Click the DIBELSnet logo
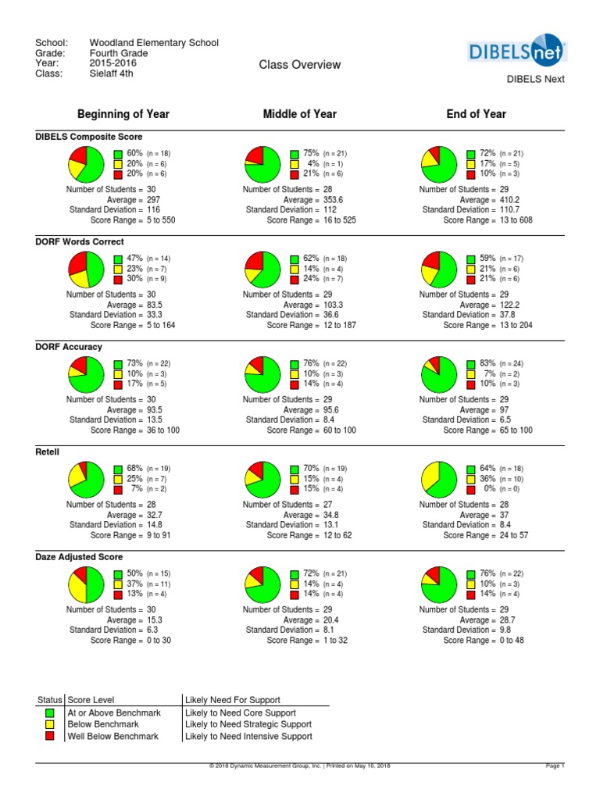pyautogui.click(x=516, y=52)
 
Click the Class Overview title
pyautogui.click(x=300, y=65)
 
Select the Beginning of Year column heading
pyautogui.click(x=123, y=114)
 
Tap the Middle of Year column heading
pyautogui.click(x=300, y=114)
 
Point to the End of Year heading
pyautogui.click(x=476, y=114)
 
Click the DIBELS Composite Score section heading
pyautogui.click(x=89, y=137)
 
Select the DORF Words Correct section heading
pyautogui.click(x=80, y=242)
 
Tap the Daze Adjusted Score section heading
pyautogui.click(x=79, y=557)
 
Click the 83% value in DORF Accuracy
pyautogui.click(x=487, y=363)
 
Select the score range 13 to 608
pyautogui.click(x=511, y=220)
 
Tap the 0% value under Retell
pyautogui.click(x=490, y=488)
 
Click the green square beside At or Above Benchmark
pyautogui.click(x=50, y=713)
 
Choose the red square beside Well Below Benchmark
pyautogui.click(x=50, y=736)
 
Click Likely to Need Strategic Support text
pyautogui.click(x=248, y=725)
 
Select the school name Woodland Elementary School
pyautogui.click(x=154, y=43)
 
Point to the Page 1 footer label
pyautogui.click(x=554, y=766)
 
